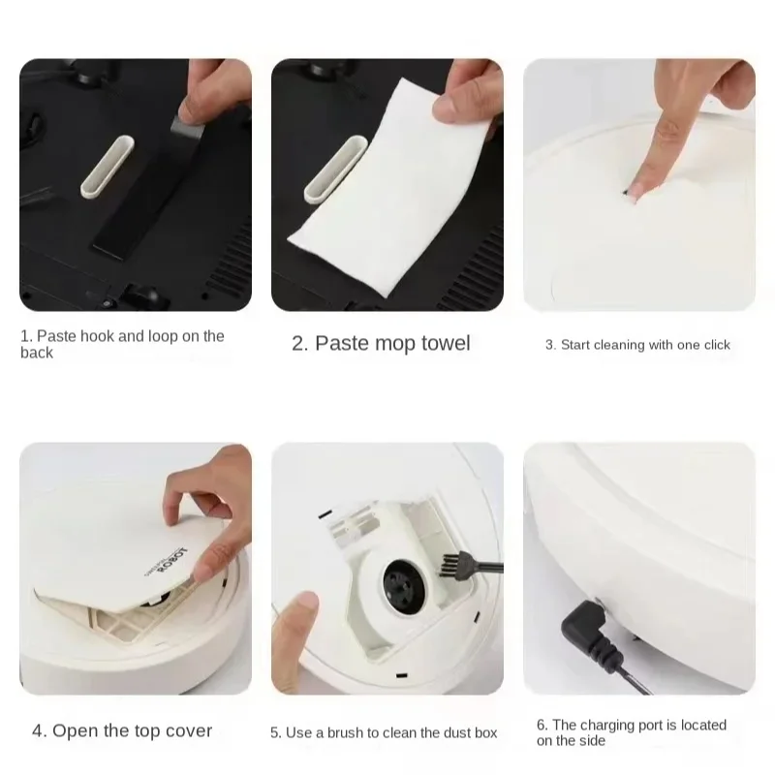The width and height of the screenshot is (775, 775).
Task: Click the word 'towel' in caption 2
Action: click(440, 344)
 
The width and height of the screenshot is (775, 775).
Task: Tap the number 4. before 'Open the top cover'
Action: click(39, 730)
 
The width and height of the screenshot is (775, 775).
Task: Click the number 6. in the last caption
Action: click(542, 725)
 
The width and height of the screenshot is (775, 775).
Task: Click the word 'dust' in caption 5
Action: click(449, 732)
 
